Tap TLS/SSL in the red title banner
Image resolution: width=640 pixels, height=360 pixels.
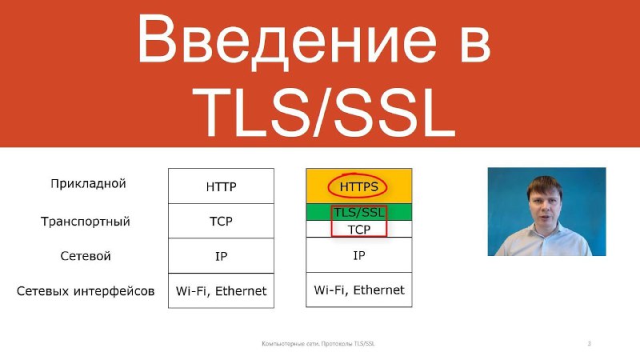[324, 112]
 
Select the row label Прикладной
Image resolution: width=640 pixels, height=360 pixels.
[88, 184]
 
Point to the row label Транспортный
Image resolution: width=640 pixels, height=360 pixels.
[86, 222]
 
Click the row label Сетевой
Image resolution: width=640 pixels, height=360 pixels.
[86, 256]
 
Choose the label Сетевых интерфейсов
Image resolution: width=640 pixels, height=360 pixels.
[86, 291]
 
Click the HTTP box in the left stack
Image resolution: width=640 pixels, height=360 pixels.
[222, 186]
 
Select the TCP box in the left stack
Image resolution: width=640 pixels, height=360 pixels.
[222, 221]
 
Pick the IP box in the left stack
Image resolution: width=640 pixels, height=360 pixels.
[222, 256]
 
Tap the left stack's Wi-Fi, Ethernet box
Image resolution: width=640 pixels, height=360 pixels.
[222, 290]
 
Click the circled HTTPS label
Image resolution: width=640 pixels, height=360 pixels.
[358, 186]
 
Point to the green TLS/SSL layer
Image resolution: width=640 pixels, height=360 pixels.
[358, 212]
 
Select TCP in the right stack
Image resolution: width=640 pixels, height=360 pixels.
[358, 230]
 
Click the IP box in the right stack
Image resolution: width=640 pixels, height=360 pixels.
[358, 255]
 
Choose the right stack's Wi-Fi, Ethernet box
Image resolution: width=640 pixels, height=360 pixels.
[358, 290]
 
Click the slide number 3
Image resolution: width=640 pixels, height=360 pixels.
[589, 343]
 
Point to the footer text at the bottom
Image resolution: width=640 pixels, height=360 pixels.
[318, 343]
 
